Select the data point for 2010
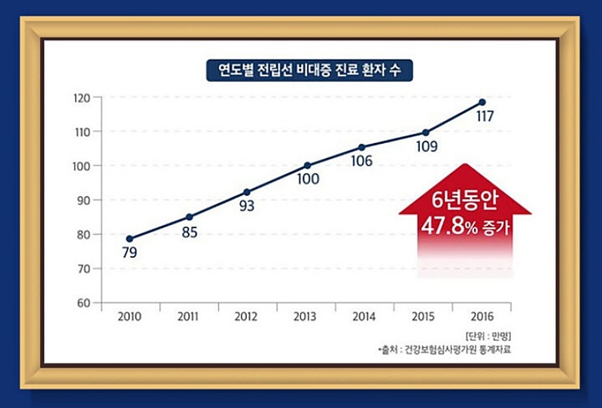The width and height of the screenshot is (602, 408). point(129,239)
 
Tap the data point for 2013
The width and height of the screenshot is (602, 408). point(307,166)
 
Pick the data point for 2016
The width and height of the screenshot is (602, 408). point(482,102)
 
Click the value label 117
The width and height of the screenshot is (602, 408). point(485,118)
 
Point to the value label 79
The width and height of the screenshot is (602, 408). point(129,253)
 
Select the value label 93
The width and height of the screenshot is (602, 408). point(247,206)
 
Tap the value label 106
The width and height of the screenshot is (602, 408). point(362,161)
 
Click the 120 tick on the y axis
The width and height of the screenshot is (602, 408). point(82,98)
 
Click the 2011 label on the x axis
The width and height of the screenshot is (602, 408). point(189,317)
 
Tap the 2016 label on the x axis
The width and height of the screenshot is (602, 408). point(482,317)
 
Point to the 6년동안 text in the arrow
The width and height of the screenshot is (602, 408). point(464,202)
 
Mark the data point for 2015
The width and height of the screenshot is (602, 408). point(425,132)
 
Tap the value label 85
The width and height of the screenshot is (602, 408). point(189,233)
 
